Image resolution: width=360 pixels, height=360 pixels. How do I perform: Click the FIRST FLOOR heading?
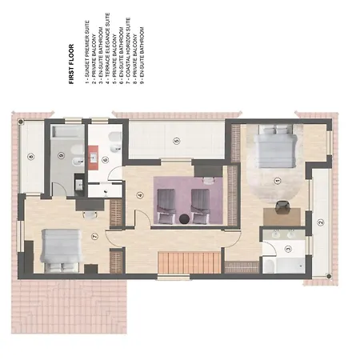click(x=71, y=63)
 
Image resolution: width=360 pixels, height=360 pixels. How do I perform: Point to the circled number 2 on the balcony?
click(x=320, y=223)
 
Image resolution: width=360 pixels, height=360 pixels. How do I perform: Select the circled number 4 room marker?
click(x=139, y=195)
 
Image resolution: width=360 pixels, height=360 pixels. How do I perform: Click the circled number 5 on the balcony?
click(x=176, y=140)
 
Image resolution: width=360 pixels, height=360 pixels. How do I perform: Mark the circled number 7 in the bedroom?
click(x=94, y=237)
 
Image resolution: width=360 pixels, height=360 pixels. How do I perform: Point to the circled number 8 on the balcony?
click(x=31, y=158)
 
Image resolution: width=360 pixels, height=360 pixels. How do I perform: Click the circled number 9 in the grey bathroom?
click(x=61, y=156)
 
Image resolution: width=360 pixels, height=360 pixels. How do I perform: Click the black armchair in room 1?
click(x=282, y=207)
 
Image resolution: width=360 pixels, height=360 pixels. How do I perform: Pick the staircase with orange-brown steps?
click(x=189, y=263)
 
